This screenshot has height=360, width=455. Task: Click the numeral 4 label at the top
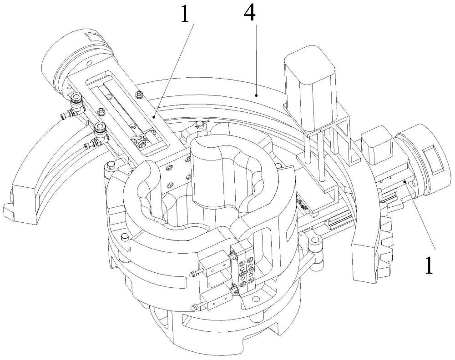(x=250, y=13)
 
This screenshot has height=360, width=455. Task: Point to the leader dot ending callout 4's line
(x=256, y=95)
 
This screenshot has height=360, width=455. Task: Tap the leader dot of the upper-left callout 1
(x=154, y=117)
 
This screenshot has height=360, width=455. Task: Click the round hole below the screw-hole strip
(x=256, y=299)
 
